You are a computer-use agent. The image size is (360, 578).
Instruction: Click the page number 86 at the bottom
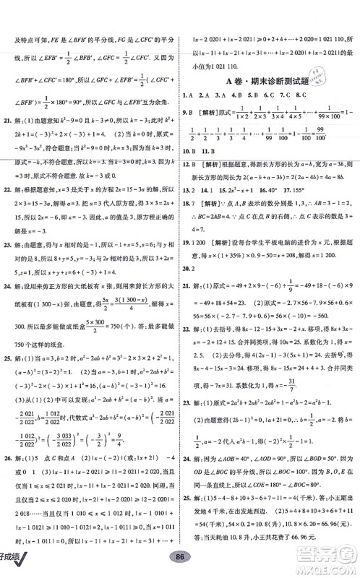click(180, 568)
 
